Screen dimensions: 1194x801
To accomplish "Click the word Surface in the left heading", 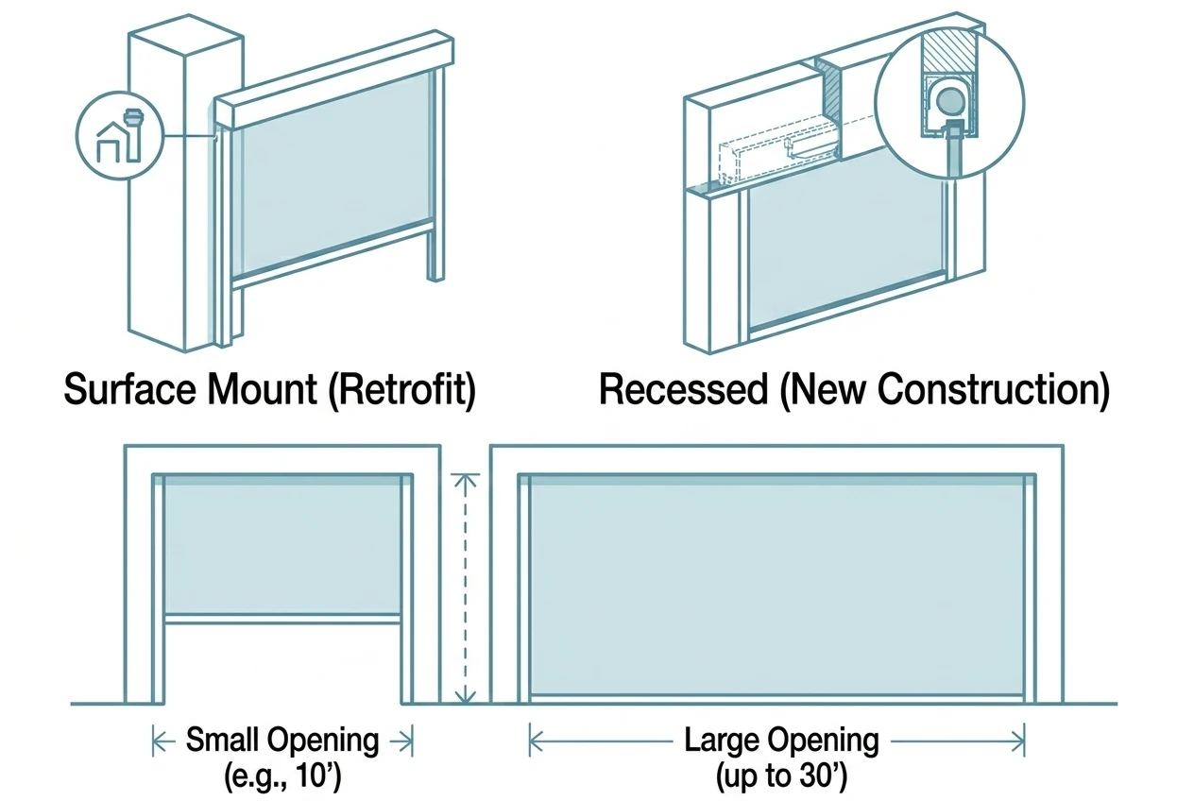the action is point(130,389).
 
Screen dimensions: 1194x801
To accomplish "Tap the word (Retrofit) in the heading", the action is point(402,390).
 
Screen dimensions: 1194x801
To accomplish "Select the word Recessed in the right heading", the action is point(684,389).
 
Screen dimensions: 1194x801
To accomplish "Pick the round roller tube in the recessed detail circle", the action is point(949,102).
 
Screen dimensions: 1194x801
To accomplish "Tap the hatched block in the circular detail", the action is point(950,51).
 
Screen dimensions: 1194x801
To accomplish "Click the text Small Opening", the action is point(282,741).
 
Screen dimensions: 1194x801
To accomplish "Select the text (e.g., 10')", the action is point(282,776).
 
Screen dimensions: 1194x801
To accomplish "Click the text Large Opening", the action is point(781,741).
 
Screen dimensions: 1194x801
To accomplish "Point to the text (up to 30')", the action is point(781,776).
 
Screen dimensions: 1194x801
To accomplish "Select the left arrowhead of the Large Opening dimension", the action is point(536,741).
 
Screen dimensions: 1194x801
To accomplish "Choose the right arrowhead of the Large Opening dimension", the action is point(1018,741).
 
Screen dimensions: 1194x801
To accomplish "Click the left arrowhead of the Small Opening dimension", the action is point(158,741).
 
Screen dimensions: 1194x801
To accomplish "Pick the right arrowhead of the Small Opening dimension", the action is point(408,741).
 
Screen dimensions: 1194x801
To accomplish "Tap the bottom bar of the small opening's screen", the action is point(282,619).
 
